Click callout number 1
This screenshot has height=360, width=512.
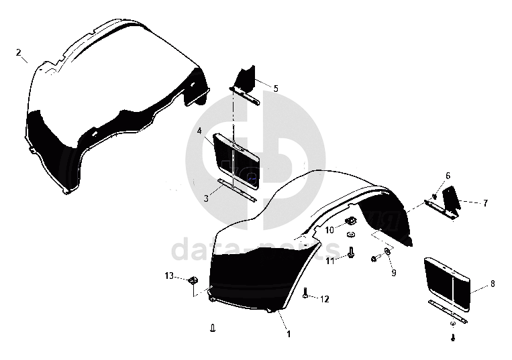pyautogui.click(x=289, y=333)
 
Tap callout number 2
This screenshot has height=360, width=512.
pyautogui.click(x=19, y=52)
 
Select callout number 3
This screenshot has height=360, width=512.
pyautogui.click(x=206, y=198)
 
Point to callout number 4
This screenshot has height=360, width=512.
pyautogui.click(x=200, y=131)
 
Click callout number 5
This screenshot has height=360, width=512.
pyautogui.click(x=275, y=88)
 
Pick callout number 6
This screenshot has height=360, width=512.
pyautogui.click(x=448, y=176)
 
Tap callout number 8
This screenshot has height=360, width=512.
pyautogui.click(x=493, y=284)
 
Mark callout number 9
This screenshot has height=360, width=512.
pyautogui.click(x=393, y=272)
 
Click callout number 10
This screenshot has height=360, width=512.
pyautogui.click(x=329, y=230)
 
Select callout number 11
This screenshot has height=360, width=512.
pyautogui.click(x=330, y=261)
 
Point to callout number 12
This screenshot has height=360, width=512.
pyautogui.click(x=324, y=299)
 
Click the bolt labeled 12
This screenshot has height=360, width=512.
pyautogui.click(x=307, y=294)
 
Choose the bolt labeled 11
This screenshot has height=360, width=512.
pyautogui.click(x=351, y=253)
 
